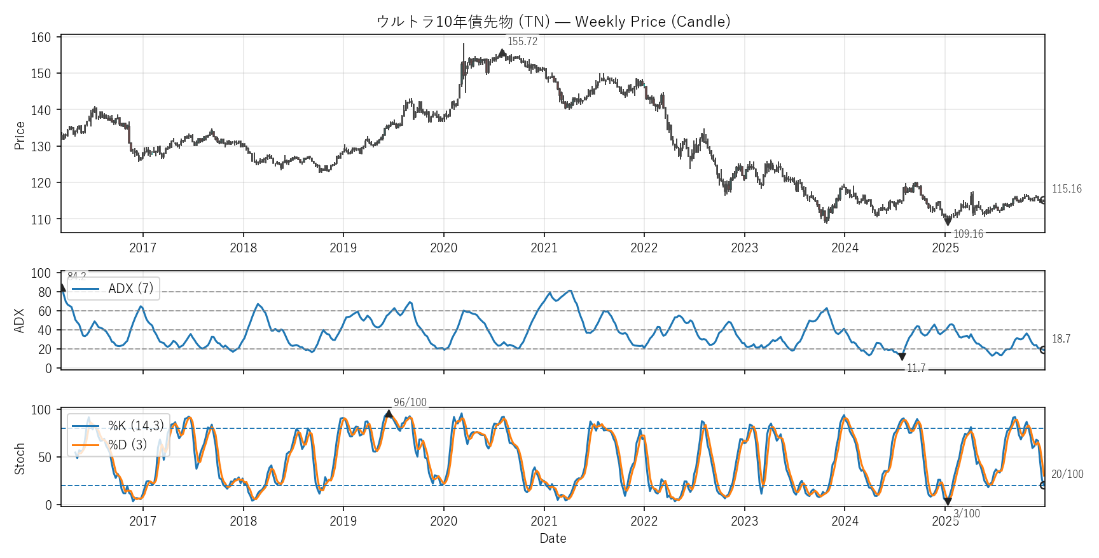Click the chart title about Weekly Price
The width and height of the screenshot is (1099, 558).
click(x=553, y=22)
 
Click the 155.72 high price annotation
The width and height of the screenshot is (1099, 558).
click(x=522, y=42)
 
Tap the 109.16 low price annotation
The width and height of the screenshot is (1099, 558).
click(x=968, y=234)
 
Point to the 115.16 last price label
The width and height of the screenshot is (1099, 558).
click(x=1067, y=189)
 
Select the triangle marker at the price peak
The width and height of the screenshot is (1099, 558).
click(x=502, y=53)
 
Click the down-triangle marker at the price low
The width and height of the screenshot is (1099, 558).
click(x=948, y=222)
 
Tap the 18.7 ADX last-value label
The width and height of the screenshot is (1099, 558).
click(x=1061, y=339)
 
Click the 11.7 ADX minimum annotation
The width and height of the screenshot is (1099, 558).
click(x=916, y=368)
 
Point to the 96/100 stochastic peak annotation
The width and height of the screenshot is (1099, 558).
click(x=410, y=402)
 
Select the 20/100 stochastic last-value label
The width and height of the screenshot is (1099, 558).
click(x=1067, y=474)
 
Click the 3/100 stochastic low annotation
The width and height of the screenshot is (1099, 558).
click(x=966, y=514)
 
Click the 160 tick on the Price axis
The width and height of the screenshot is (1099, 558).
click(x=41, y=37)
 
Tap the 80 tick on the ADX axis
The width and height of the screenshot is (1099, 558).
click(x=45, y=292)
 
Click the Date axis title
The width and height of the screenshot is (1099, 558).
click(x=553, y=538)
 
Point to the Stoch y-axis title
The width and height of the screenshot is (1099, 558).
click(x=20, y=458)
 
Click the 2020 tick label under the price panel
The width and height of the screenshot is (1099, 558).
click(x=443, y=248)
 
